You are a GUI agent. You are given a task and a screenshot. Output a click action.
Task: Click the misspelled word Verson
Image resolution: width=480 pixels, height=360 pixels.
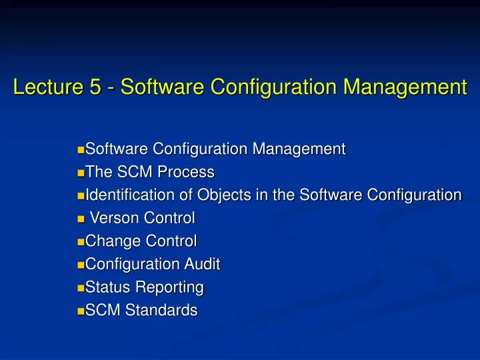pos(113,218)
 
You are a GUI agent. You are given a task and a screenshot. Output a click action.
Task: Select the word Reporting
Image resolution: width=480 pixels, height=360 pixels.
pos(170,287)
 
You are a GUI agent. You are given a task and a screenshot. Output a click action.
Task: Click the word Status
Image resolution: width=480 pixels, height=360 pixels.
pos(107,287)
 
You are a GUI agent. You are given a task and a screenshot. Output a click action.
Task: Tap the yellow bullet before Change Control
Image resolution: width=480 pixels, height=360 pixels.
pos(81,242)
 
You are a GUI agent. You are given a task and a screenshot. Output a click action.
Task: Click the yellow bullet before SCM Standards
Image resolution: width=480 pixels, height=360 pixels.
pos(81,311)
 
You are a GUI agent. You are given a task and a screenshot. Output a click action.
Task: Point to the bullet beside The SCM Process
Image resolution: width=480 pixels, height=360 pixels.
pos(81,173)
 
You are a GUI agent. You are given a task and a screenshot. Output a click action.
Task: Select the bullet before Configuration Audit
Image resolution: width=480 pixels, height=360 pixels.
pos(81,265)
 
